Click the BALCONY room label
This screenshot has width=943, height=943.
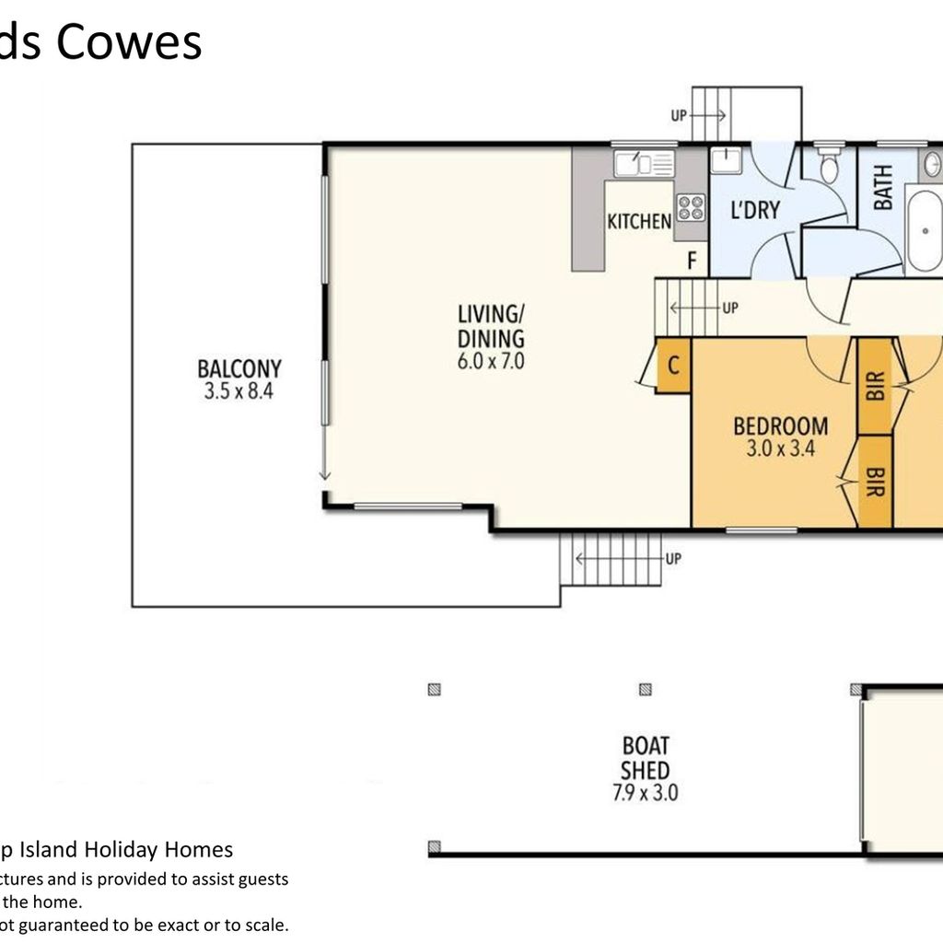(x=239, y=368)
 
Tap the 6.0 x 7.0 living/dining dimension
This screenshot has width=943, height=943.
(x=491, y=361)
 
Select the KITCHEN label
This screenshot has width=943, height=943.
(x=639, y=221)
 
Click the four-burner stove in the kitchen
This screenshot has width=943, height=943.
(x=691, y=208)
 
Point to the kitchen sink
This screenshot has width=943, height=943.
(x=644, y=164)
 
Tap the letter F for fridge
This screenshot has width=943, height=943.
(x=693, y=261)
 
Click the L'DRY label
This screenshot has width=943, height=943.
(x=755, y=210)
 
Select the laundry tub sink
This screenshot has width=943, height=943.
(x=727, y=160)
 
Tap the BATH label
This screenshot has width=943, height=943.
(x=882, y=188)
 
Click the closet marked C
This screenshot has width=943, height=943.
(x=673, y=366)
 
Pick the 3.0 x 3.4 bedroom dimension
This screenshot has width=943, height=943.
(x=781, y=448)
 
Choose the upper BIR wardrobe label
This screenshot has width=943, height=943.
(x=876, y=386)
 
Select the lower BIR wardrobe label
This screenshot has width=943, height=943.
(x=876, y=482)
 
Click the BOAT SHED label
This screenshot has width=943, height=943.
(x=646, y=758)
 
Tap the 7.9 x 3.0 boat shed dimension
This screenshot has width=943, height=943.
(x=646, y=792)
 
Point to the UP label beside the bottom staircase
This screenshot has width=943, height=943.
(x=673, y=559)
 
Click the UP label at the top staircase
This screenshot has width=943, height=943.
(x=679, y=115)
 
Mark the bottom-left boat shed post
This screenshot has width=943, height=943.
(x=435, y=848)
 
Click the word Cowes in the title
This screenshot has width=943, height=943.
(x=129, y=42)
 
